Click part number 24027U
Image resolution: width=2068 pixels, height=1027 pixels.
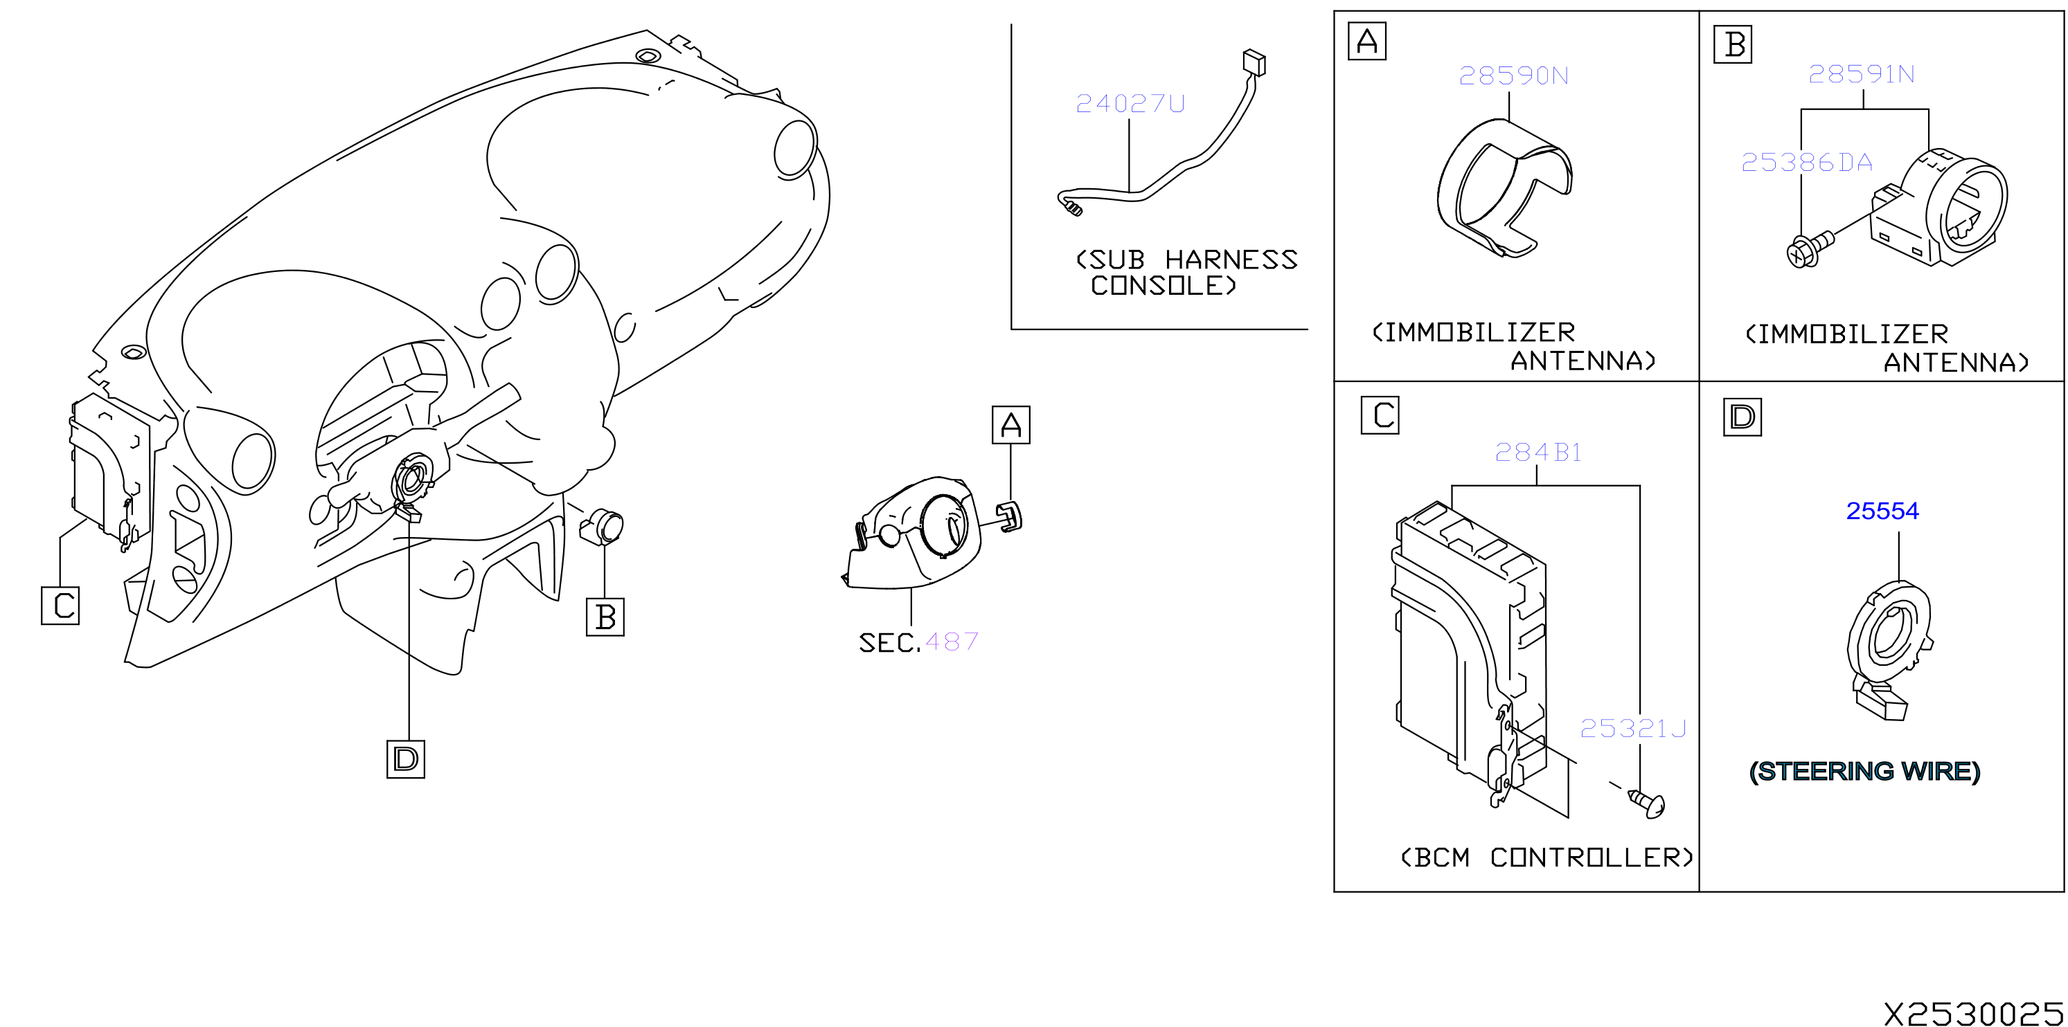click(x=1130, y=104)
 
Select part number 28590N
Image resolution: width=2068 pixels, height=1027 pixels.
click(x=1513, y=75)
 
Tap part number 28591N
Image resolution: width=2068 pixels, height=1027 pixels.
click(x=1861, y=74)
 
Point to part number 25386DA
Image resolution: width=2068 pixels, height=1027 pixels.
click(x=1806, y=163)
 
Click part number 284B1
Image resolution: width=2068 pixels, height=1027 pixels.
click(x=1538, y=453)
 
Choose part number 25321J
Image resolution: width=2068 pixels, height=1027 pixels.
click(x=1633, y=729)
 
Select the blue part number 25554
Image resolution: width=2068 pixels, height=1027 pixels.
click(x=1882, y=511)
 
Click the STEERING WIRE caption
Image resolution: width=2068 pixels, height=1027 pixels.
click(x=1864, y=771)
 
